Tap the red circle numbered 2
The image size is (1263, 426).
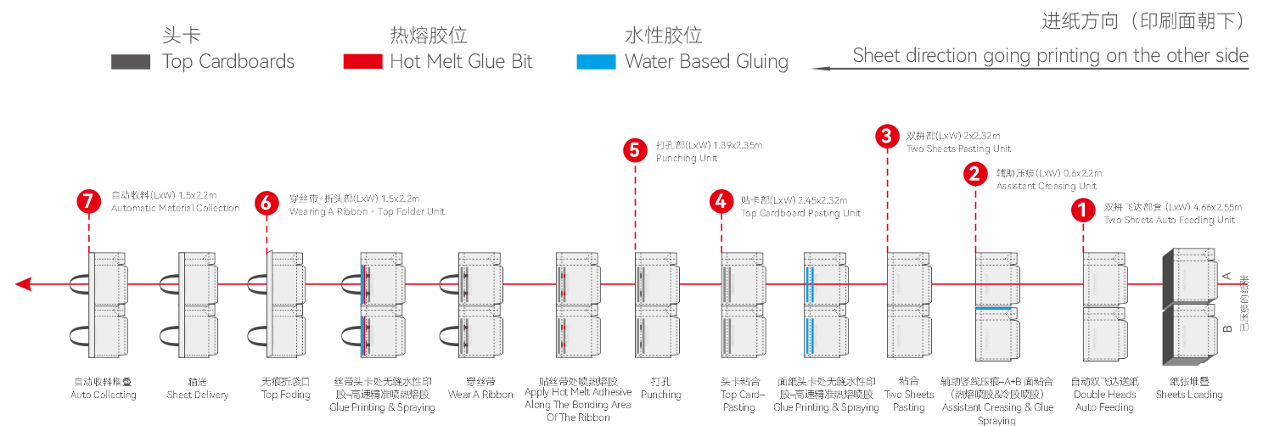point(975,175)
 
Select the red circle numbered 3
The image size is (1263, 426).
point(887,136)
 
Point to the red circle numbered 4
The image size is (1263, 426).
point(721,202)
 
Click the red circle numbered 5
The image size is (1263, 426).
point(635,151)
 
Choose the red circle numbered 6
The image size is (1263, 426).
point(267,203)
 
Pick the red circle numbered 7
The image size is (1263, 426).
point(88,202)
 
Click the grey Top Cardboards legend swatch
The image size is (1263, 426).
point(131,62)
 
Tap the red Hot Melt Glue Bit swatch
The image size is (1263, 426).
point(362,62)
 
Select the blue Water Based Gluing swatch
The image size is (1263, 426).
point(596,62)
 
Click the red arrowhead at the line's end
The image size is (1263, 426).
point(23,283)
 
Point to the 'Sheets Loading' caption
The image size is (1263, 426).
point(1188,395)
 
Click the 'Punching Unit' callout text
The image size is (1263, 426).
point(686,158)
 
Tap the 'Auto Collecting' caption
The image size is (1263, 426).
point(104,395)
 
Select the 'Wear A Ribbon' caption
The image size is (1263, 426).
point(480,395)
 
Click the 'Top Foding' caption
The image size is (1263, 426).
point(286,395)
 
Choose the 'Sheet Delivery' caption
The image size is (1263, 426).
point(198,395)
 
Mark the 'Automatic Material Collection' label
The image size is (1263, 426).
point(175,209)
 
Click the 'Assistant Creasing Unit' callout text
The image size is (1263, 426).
point(1046,187)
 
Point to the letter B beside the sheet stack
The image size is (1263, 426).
point(1227,326)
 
